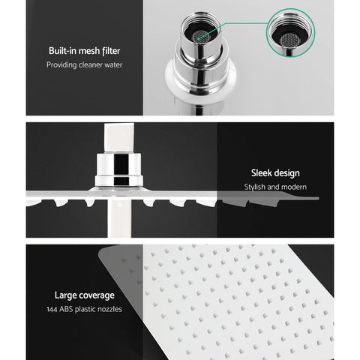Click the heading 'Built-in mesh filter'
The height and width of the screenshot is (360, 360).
point(83,51)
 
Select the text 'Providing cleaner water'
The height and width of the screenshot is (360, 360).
point(83,65)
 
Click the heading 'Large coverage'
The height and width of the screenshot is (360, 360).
point(83,295)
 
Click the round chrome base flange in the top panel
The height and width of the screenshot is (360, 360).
point(196,84)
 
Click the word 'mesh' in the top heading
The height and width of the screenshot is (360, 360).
point(87,51)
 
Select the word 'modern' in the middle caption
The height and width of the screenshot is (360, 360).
point(295,187)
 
